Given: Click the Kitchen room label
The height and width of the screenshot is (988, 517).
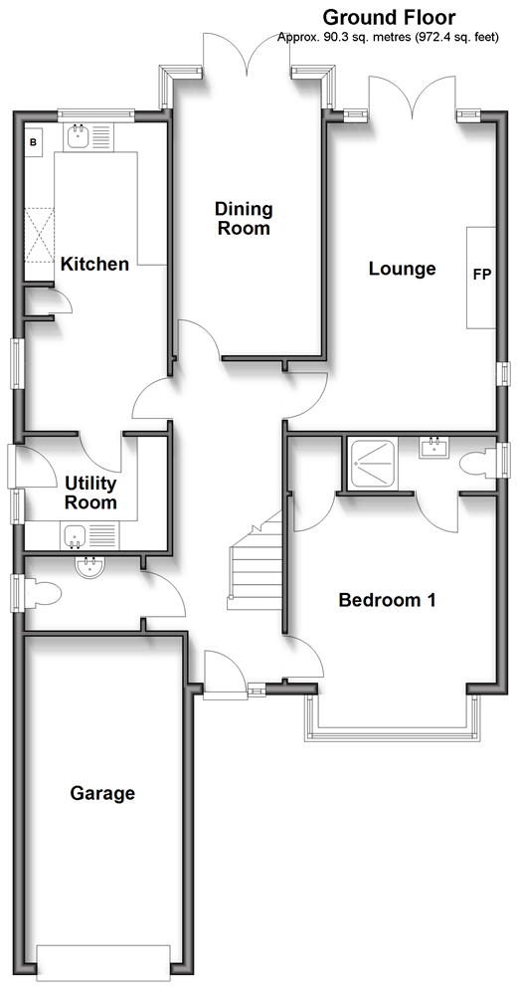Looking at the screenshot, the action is (x=94, y=264).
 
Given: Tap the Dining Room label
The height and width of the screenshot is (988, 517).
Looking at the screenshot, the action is (x=244, y=218).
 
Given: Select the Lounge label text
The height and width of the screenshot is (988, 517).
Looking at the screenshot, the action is (x=403, y=269).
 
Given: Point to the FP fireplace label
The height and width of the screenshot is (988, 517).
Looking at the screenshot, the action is (x=482, y=275).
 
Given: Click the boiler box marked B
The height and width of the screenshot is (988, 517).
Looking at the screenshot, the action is (x=34, y=142).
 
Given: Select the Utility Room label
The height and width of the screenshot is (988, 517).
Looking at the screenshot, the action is (x=91, y=493).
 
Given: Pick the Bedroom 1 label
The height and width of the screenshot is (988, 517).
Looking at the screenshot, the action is (x=388, y=600).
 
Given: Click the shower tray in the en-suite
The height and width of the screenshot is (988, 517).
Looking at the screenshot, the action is (x=374, y=463).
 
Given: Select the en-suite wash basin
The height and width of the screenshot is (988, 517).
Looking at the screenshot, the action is (x=433, y=447).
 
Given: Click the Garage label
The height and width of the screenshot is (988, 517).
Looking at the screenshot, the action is (x=102, y=793).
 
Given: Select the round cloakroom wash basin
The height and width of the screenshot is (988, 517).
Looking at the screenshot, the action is (x=90, y=567).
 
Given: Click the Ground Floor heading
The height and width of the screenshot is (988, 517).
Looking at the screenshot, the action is (x=389, y=17).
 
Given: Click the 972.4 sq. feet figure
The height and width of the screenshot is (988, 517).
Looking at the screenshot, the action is (x=456, y=38).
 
